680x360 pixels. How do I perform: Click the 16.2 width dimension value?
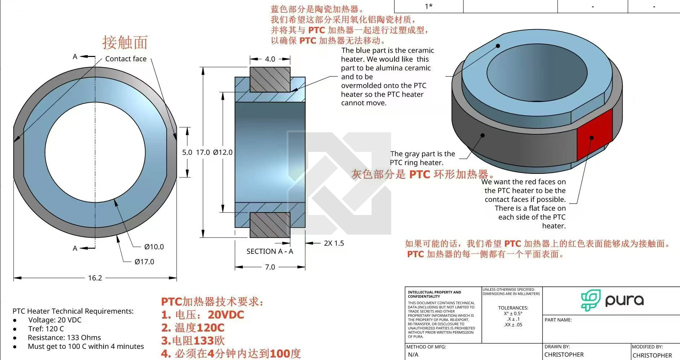95,278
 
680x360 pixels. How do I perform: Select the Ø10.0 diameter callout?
154,247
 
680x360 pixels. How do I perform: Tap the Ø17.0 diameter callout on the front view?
144,262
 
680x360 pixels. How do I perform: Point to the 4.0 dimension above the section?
270,59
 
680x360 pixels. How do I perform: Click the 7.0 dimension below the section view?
270,267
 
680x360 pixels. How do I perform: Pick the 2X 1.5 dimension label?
334,243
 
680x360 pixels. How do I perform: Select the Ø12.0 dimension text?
223,152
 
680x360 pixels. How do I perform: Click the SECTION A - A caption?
270,251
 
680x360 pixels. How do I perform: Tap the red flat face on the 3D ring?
594,135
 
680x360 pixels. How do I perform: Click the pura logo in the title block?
612,300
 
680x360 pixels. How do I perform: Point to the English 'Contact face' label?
126,59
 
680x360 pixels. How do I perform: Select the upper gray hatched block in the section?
270,79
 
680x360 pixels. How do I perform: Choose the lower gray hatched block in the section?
270,225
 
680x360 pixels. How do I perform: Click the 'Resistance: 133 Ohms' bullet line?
64,338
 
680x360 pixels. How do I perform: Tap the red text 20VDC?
226,315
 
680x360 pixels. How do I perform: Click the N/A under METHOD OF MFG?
413,355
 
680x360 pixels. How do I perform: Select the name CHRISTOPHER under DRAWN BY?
564,355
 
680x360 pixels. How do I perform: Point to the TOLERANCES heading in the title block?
513,308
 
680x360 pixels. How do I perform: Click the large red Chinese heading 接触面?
125,43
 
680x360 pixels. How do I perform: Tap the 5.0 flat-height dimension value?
187,152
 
